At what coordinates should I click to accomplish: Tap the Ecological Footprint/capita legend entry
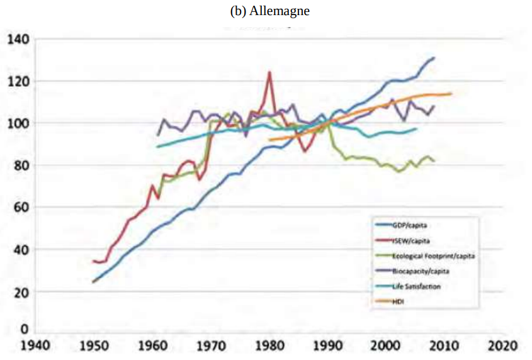pos(429,256)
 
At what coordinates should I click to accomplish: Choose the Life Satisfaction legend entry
pos(416,286)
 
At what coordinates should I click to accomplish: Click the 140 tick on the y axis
pos(18,40)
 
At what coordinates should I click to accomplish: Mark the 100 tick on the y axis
pos(18,123)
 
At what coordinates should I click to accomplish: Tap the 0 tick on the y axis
pos(25,329)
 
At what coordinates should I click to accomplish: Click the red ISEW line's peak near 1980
pos(269,72)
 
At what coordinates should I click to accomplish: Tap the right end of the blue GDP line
pos(434,58)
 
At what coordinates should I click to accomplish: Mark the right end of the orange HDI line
pos(451,94)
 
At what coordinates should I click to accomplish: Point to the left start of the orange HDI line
pos(269,140)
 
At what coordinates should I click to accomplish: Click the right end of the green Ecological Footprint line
pos(434,160)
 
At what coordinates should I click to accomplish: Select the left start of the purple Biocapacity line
pos(157,135)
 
